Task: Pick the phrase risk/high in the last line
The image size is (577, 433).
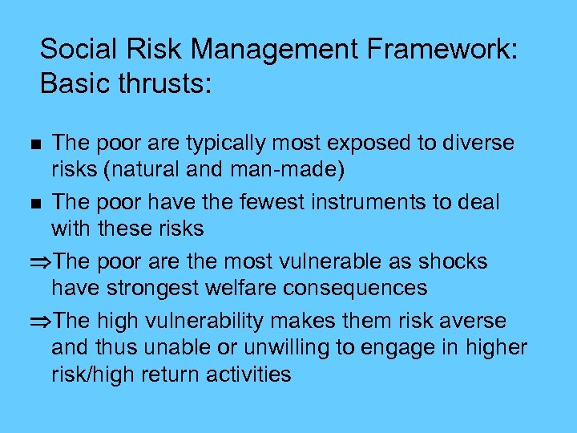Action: point(103,373)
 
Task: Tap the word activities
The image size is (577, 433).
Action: point(250,373)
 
